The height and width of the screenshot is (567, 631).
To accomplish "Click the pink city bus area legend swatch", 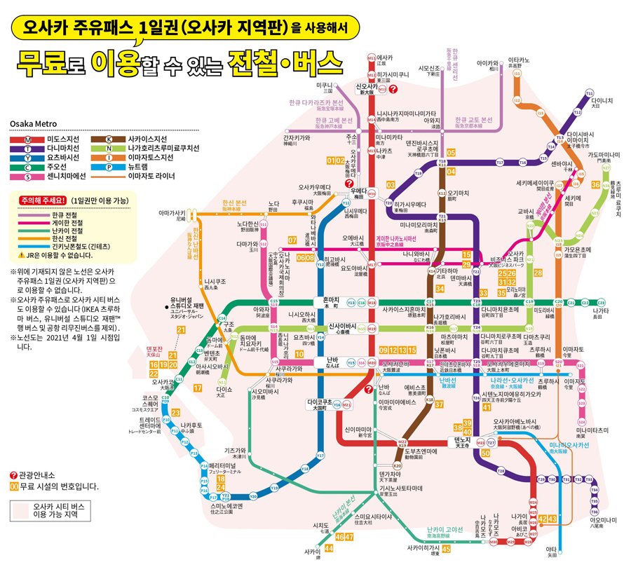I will point(20,510).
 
